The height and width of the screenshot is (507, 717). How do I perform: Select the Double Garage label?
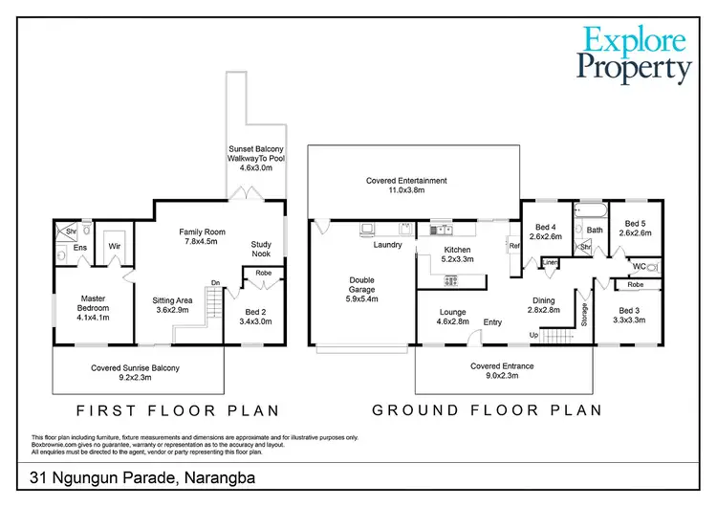coord(361,290)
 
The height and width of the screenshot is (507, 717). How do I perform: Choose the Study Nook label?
coord(261,251)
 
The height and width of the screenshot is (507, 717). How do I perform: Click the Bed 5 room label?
coord(635,228)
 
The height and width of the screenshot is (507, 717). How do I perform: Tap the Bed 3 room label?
coord(628,316)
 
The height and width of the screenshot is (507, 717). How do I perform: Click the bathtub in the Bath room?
coord(595,209)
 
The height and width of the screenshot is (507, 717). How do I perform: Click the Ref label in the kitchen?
coord(513,246)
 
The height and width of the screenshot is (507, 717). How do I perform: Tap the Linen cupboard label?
coord(551,263)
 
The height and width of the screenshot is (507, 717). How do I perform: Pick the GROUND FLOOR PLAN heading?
coord(487,410)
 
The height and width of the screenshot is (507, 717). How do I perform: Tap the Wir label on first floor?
coord(114,246)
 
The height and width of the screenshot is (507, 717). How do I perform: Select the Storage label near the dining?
coord(584,315)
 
